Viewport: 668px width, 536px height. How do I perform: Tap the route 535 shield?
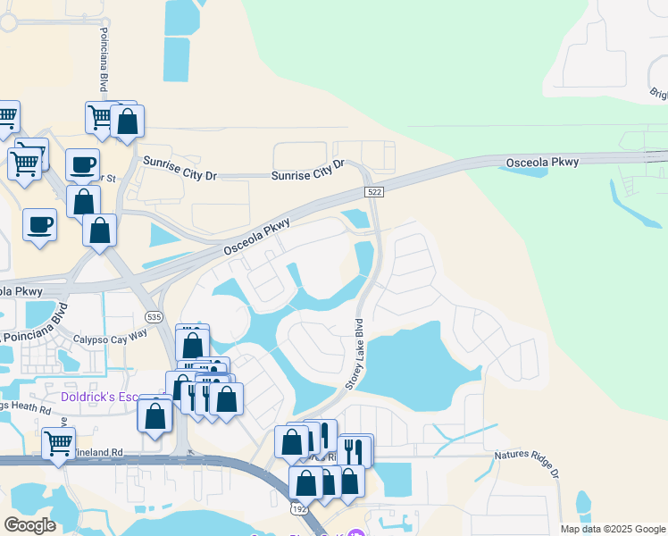point(154,317)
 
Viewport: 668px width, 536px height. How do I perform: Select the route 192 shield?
point(298,507)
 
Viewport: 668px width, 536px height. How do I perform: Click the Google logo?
point(29,524)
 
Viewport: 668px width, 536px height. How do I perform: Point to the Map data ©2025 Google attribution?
point(612,529)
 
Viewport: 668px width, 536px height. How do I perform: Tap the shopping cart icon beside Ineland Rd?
point(58,441)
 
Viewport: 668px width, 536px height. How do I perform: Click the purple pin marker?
point(357,533)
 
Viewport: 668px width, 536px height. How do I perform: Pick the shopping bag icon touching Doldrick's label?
point(155,415)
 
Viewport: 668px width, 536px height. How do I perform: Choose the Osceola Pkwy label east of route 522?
point(542,163)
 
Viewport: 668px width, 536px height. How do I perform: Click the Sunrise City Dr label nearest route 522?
point(308,171)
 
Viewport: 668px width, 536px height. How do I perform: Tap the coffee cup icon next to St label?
point(82,165)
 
